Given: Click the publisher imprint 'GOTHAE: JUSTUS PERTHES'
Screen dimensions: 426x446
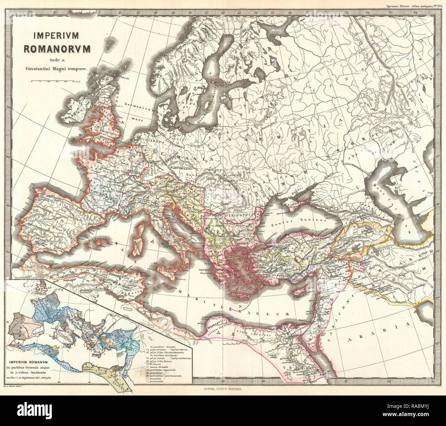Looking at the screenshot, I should coord(223,390).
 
